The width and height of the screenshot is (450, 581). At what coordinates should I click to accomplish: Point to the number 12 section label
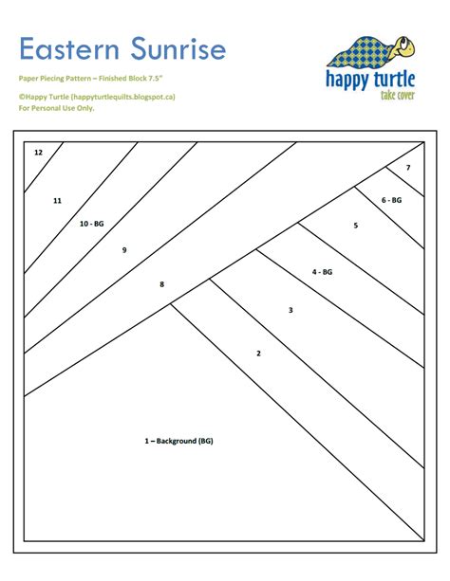(38, 152)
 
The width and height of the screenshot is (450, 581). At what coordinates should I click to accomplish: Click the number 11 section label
(57, 201)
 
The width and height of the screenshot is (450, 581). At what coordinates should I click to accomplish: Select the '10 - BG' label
(92, 223)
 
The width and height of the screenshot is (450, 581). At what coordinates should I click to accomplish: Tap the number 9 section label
(124, 250)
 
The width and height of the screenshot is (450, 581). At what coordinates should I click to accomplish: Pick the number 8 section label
(161, 283)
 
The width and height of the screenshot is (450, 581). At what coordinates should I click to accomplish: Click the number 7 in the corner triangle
(408, 168)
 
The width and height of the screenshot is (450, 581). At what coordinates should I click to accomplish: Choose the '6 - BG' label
(392, 200)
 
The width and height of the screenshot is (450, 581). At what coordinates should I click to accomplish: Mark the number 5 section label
(355, 226)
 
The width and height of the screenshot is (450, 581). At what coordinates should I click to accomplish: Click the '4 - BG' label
(323, 272)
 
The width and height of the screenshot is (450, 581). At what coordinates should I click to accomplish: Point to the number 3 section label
(291, 310)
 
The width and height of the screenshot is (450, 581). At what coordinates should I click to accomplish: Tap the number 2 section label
(258, 354)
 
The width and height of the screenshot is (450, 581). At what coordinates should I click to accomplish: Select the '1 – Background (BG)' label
(178, 441)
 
